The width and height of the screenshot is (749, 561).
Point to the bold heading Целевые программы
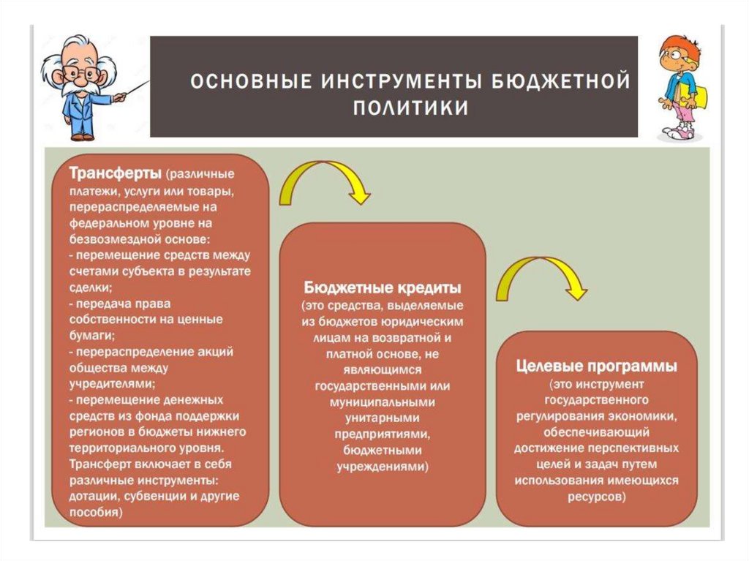[596, 365]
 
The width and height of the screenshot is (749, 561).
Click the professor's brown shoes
[83, 136]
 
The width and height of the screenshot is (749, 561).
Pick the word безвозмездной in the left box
[107, 239]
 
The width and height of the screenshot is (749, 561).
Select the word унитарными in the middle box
[382, 417]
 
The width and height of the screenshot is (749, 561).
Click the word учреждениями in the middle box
[383, 465]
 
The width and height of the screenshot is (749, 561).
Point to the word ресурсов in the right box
[595, 496]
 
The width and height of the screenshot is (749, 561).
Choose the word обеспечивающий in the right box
[596, 432]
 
